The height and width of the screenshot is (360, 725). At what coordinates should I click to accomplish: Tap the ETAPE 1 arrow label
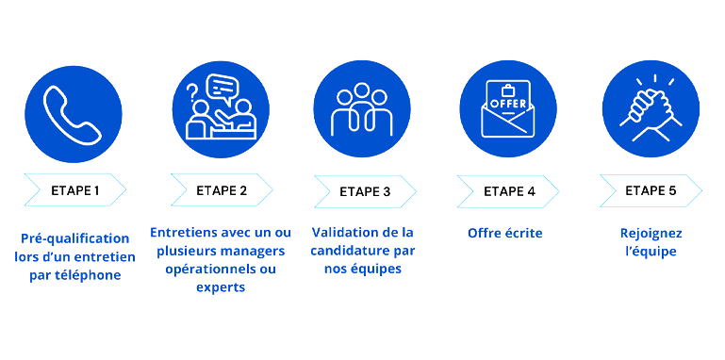[74, 190]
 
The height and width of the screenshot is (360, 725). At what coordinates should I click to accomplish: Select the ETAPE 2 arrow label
[222, 190]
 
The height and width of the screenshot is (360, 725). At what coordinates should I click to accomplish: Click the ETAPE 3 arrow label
[366, 191]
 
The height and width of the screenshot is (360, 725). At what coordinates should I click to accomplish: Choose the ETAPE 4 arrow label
[509, 191]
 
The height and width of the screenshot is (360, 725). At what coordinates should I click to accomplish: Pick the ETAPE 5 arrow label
[651, 190]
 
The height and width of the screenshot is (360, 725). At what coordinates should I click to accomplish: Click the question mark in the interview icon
[192, 92]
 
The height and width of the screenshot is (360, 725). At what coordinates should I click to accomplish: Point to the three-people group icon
[363, 111]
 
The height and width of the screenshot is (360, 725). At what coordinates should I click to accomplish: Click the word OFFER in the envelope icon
[508, 101]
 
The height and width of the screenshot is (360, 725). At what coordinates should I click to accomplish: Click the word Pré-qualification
[74, 238]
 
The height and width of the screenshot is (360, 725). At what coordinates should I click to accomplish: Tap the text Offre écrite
[504, 233]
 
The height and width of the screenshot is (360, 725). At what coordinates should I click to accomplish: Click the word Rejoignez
[651, 233]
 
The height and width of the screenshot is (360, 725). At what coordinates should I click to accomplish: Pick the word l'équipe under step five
[651, 252]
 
